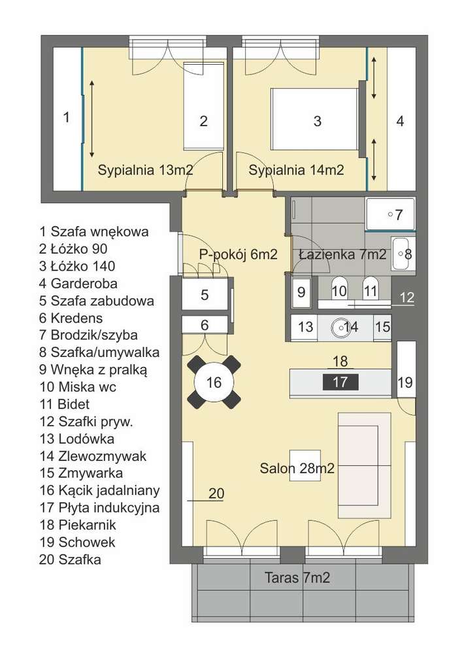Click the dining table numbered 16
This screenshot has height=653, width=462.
point(214,383)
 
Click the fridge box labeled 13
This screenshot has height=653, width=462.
point(305,327)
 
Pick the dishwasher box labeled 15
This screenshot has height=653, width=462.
point(382,327)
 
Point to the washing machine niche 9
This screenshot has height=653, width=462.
point(301,292)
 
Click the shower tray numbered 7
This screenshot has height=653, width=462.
point(389,214)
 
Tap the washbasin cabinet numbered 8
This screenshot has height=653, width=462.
point(401,254)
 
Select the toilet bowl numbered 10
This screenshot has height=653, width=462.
point(338,290)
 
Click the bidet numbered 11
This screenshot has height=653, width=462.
point(371,290)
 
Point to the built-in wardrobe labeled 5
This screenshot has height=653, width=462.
point(205,295)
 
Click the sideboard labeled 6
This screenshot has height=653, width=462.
point(205,324)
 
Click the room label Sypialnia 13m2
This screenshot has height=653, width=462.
point(145,171)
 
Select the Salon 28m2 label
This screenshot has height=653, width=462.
point(297,468)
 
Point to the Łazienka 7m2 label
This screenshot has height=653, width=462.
point(342,255)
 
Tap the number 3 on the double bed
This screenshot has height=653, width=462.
point(317,121)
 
